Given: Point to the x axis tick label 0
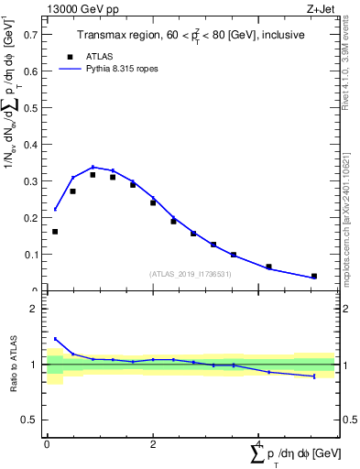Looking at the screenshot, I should [x=47, y=443].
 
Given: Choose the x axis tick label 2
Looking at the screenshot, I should [x=152, y=443].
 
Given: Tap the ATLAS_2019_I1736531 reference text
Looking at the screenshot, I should [x=191, y=274].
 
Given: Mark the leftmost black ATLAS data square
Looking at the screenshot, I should [x=55, y=232].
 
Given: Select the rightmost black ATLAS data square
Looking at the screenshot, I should [x=314, y=276].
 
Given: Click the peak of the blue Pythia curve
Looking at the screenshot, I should [x=93, y=167].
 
